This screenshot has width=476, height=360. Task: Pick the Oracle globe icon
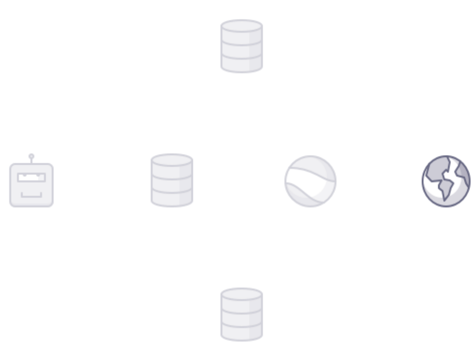click(x=446, y=181)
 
